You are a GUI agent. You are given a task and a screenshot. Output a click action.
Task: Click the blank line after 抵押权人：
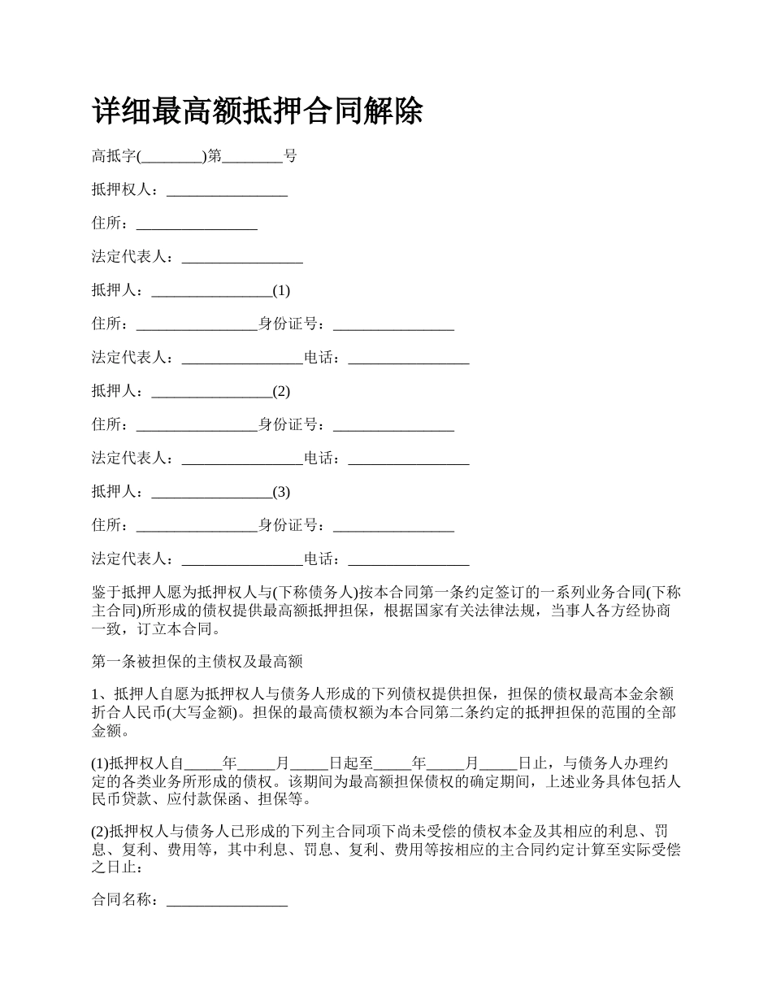(x=227, y=190)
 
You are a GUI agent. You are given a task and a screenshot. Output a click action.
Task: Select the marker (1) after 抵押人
(x=281, y=290)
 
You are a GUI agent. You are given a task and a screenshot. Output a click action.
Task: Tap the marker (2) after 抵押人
(x=281, y=391)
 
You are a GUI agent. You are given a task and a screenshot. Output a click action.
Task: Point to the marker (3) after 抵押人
(x=281, y=492)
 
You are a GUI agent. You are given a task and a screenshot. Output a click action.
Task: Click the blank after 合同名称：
(x=227, y=901)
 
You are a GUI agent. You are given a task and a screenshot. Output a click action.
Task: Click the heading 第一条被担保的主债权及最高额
(x=197, y=662)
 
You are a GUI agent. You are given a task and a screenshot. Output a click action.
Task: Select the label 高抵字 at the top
(x=114, y=156)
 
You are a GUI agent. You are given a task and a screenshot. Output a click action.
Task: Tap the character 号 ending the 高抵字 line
(x=289, y=156)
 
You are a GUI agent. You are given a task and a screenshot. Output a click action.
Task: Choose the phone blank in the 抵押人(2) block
(x=409, y=459)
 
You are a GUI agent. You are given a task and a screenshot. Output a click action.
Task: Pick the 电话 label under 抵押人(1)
(x=322, y=358)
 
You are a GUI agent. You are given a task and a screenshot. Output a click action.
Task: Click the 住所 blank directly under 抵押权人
(x=197, y=224)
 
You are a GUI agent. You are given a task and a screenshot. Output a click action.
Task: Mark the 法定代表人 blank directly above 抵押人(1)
(x=242, y=258)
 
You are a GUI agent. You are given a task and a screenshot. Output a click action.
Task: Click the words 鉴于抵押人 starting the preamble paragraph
(x=130, y=591)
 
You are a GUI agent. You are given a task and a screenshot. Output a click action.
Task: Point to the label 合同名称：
(x=128, y=901)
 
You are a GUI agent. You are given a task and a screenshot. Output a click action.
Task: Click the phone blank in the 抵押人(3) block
(x=409, y=559)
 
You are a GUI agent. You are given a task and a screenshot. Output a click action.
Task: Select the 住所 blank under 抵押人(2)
(x=197, y=425)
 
